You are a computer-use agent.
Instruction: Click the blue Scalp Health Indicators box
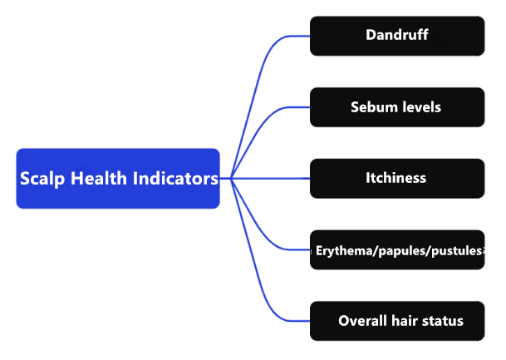point(118,178)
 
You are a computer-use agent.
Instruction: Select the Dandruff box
point(396,36)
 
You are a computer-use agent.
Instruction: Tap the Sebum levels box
point(396,107)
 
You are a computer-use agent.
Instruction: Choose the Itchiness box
point(396,178)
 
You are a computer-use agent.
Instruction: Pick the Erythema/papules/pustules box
point(396,249)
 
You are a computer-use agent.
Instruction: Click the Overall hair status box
point(396,321)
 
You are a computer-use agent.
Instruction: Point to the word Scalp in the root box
point(42,179)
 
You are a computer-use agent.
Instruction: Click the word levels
point(420,107)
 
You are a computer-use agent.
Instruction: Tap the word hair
point(405,321)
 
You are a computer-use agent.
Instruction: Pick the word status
point(443,321)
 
